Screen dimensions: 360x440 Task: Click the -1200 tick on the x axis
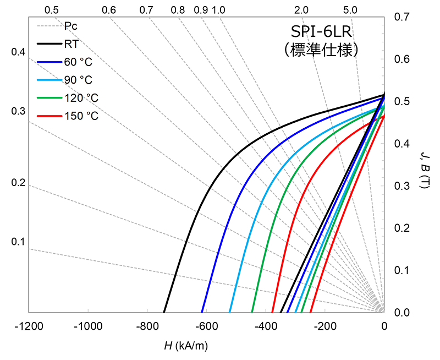28,326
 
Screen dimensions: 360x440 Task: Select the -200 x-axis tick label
325,326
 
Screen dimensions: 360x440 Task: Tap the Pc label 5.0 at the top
350,10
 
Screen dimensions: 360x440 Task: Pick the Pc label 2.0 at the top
301,10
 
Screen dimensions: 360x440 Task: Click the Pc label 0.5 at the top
51,10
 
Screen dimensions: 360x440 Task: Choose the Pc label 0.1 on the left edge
18,242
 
